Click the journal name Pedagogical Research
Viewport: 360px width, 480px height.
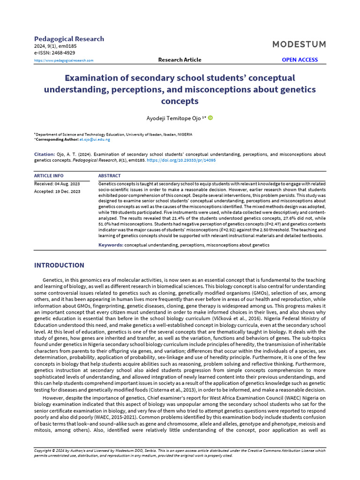click(x=69, y=39)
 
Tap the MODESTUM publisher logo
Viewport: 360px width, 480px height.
click(x=299, y=44)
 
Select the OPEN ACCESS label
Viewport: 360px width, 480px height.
click(x=300, y=60)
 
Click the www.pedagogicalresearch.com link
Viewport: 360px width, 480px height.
click(x=64, y=60)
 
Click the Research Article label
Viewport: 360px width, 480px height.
click(x=180, y=60)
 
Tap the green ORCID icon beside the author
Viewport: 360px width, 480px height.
click(x=210, y=118)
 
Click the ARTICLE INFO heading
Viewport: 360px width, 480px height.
click(x=49, y=176)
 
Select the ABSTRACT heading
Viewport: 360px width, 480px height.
click(x=109, y=176)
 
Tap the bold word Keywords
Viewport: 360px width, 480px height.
click(x=111, y=245)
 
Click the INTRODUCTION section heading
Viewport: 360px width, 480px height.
click(x=59, y=265)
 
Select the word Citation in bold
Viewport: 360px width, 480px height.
click(x=45, y=154)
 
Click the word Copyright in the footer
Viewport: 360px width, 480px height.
click(x=44, y=450)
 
